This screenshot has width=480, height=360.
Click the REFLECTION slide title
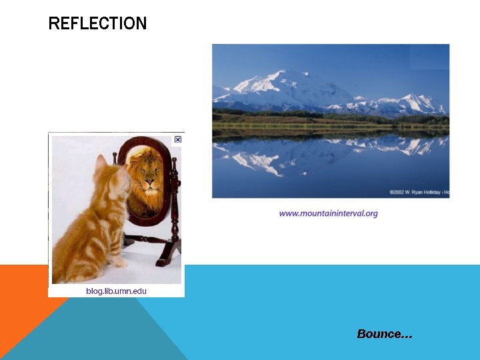[97, 24]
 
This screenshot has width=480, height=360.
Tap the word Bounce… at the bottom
[385, 334]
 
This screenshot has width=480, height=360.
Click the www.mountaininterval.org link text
[328, 213]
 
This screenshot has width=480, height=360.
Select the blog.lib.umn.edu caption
[116, 291]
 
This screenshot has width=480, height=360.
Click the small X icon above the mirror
[178, 139]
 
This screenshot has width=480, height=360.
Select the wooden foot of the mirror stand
[167, 254]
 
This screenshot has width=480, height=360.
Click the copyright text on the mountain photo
[419, 192]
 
